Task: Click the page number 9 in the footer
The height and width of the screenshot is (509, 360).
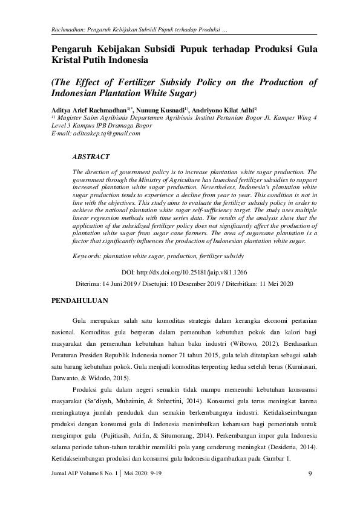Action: click(309, 473)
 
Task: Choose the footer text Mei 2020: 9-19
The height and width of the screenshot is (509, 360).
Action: click(143, 473)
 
